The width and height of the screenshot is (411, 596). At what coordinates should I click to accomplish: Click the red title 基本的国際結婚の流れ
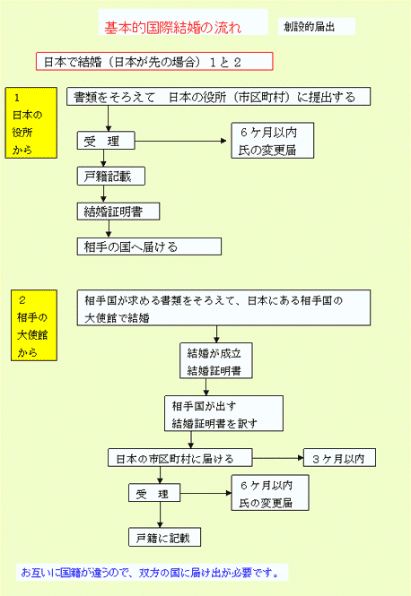coord(173,28)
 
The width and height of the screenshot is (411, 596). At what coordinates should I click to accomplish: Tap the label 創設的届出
coord(309,27)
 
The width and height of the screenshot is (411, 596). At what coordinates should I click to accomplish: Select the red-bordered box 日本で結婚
coord(154,61)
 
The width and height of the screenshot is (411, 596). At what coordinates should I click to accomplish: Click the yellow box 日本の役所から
coord(31,123)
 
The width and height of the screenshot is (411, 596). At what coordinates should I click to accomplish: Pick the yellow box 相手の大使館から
coord(34,325)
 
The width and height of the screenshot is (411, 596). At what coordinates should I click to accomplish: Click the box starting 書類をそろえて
coord(218,97)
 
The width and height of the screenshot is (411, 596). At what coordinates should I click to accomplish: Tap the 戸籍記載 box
coord(111,176)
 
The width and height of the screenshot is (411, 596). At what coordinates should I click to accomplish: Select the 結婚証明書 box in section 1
coord(118,212)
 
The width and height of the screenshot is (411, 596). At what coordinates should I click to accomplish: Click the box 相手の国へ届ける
coord(149,246)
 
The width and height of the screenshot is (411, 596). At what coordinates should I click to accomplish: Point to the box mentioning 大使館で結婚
coord(223,308)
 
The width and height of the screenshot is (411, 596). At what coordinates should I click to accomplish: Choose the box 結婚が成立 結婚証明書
coord(216,360)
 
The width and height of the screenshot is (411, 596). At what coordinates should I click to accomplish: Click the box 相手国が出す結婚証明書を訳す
coord(223,413)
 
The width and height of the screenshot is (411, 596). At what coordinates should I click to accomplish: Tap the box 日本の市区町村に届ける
coord(180,458)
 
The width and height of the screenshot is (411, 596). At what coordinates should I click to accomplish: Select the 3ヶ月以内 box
coord(339,458)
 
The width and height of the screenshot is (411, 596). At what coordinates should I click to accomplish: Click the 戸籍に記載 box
coord(164,537)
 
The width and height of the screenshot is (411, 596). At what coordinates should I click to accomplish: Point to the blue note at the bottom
coord(152,572)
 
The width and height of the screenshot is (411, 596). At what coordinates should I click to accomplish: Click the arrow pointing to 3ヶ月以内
coord(278,458)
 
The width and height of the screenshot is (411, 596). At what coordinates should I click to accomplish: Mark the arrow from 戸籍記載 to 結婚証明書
coord(103,194)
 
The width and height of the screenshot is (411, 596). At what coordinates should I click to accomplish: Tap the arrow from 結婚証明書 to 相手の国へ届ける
coord(109,229)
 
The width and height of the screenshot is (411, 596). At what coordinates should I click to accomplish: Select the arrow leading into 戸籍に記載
coord(160,514)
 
